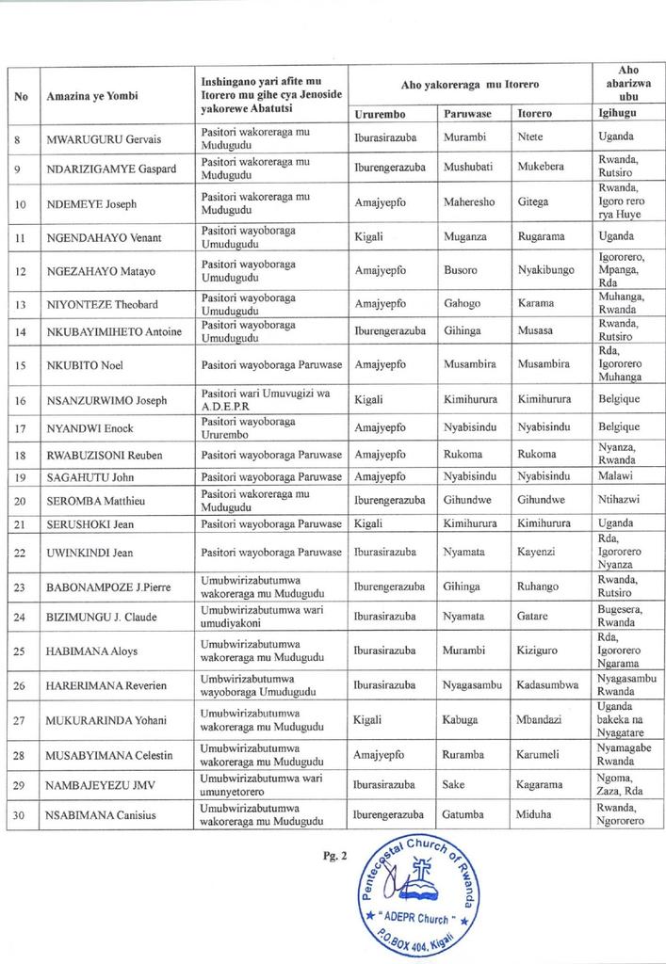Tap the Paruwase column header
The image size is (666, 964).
coord(466,115)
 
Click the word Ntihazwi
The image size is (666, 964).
coord(619,499)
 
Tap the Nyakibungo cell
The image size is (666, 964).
coord(545,271)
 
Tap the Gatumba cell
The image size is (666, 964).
coord(465,816)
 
